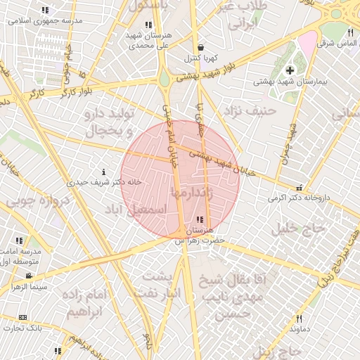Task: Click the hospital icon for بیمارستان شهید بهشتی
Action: point(290,70)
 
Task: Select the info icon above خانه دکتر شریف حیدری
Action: point(104,171)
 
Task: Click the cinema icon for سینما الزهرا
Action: point(29,276)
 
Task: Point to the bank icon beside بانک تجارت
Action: point(23,317)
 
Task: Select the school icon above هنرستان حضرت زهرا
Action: point(202,219)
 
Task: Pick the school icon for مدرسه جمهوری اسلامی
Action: point(46,11)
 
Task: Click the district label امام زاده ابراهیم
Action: point(87,302)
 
